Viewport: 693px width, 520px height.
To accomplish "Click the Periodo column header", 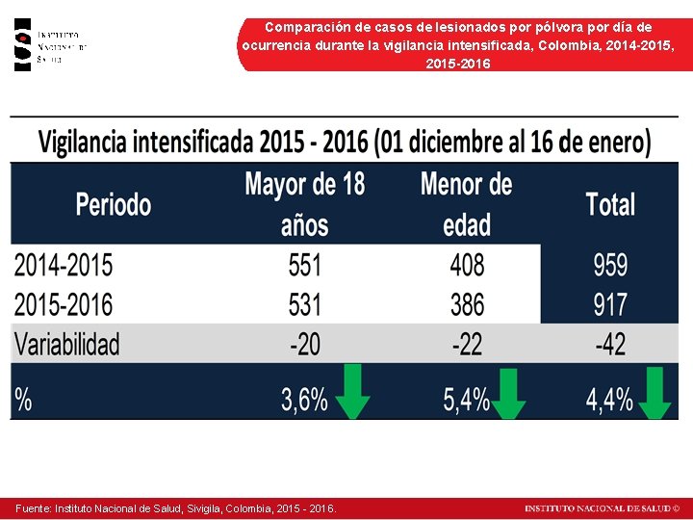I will [114, 204].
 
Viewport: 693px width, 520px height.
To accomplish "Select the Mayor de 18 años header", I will [305, 204].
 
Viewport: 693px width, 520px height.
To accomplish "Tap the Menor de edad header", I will [467, 204].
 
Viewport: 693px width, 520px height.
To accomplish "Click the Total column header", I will [610, 204].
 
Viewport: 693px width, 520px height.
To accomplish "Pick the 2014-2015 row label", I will [64, 265].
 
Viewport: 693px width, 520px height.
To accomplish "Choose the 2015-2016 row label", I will [64, 305].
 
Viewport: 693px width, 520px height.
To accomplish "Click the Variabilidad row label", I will [67, 344].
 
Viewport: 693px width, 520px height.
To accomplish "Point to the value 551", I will [305, 265].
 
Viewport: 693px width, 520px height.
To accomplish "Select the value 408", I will [467, 265].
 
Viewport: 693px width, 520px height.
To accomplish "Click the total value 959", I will [610, 265].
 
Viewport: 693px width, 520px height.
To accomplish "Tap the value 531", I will [305, 305].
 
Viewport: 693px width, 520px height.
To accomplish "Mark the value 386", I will [467, 305].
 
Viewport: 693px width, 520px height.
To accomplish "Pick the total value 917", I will [610, 305].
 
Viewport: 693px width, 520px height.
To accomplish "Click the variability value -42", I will [610, 344].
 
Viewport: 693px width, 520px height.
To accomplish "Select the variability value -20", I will [305, 344].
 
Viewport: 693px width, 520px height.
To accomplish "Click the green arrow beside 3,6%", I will [352, 393].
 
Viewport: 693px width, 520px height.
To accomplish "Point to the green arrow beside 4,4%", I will [654, 393].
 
